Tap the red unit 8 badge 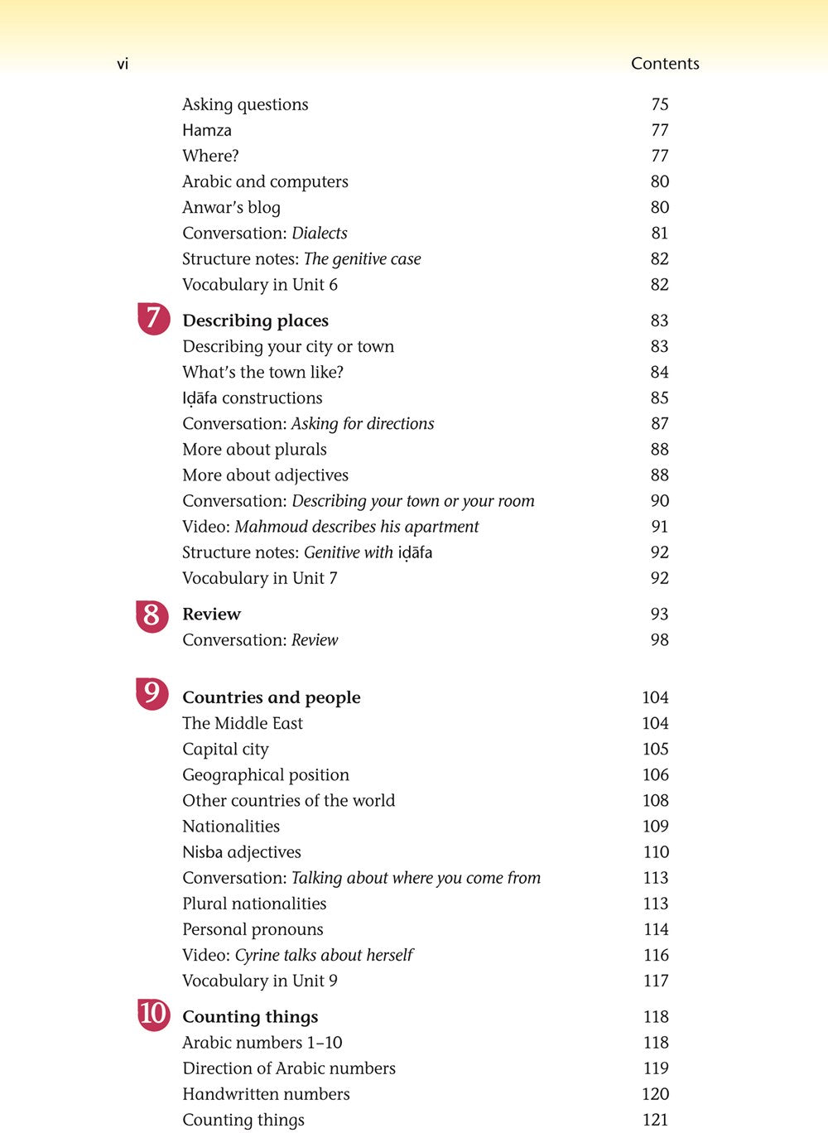[152, 615]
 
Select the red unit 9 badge [152, 693]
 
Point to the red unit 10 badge [153, 1015]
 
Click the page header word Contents [665, 64]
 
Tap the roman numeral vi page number [123, 64]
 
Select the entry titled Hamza [207, 130]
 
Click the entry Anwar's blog [231, 207]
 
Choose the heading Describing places [255, 321]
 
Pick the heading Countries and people [272, 697]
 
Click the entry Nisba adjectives [242, 852]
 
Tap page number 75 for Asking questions [660, 104]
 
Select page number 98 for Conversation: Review [660, 640]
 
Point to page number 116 [656, 955]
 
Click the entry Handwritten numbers [266, 1094]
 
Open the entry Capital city [225, 750]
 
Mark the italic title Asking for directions [363, 424]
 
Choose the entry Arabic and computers [265, 181]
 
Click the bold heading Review [211, 615]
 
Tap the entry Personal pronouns [253, 929]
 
